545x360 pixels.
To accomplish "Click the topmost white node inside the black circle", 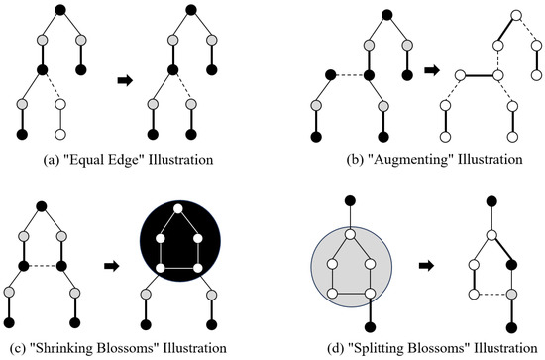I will [173, 208].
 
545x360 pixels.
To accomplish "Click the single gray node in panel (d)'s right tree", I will [512, 295].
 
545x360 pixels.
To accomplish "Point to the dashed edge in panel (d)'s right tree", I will [493, 295].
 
